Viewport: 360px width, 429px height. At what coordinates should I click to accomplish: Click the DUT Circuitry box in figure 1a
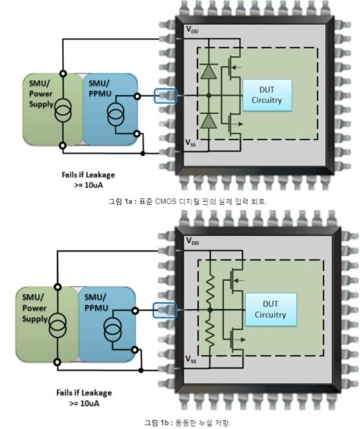click(x=270, y=96)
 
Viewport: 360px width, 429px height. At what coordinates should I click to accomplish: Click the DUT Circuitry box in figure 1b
click(x=270, y=309)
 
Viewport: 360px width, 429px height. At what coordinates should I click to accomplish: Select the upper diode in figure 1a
click(x=209, y=72)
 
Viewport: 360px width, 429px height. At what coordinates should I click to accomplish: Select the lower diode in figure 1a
click(x=209, y=121)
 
